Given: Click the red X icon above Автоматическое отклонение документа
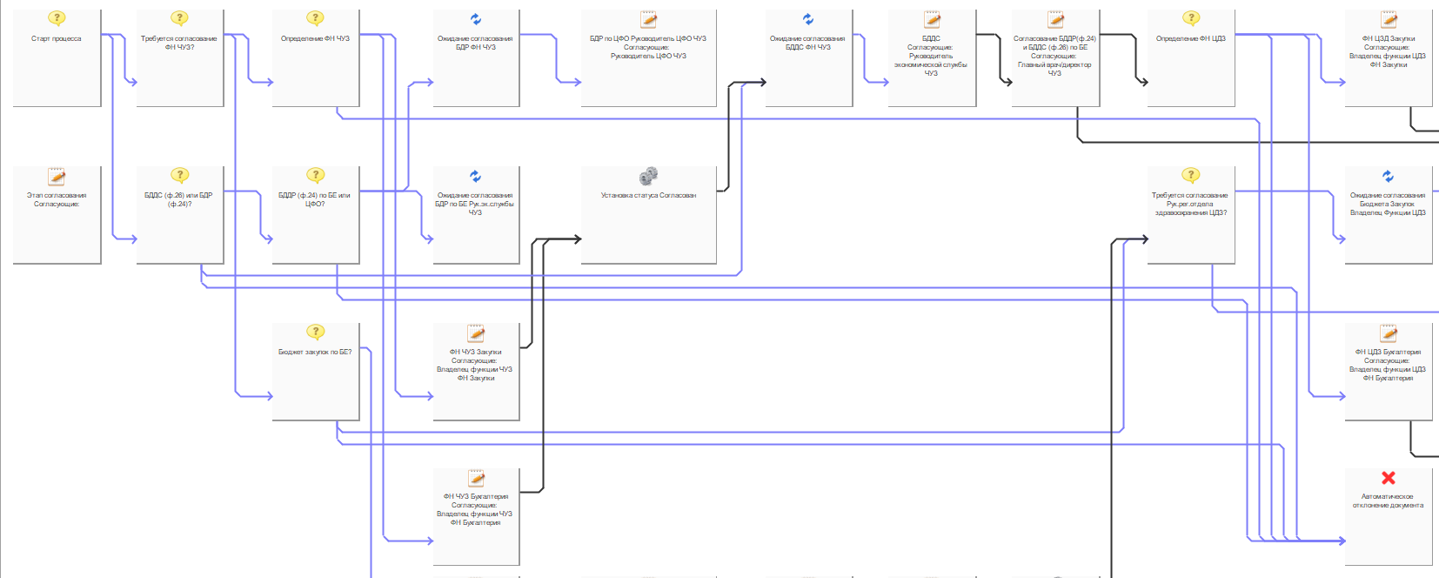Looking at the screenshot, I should pyautogui.click(x=1388, y=478).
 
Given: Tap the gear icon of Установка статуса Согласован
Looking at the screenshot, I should pyautogui.click(x=648, y=177).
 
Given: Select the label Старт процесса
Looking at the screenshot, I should pyautogui.click(x=57, y=39).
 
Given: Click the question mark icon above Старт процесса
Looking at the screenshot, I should pyautogui.click(x=57, y=18).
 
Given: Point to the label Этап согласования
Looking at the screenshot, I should pyautogui.click(x=57, y=196).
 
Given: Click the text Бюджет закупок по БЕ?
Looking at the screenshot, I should pyautogui.click(x=315, y=353).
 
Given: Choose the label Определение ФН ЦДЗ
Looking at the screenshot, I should pyautogui.click(x=1190, y=39).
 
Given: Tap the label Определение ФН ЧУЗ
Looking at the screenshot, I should pyautogui.click(x=315, y=39).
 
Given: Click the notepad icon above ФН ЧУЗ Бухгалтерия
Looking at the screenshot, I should pyautogui.click(x=476, y=478).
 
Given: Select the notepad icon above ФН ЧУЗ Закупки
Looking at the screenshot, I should pyautogui.click(x=476, y=333).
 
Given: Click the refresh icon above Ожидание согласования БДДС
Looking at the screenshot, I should pyautogui.click(x=807, y=19).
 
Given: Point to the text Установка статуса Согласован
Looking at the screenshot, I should pyautogui.click(x=648, y=196).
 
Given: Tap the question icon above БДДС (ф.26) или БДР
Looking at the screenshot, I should pyautogui.click(x=179, y=175).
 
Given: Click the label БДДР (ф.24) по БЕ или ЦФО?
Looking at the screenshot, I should pyautogui.click(x=314, y=199).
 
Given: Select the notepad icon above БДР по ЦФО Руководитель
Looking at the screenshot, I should pyautogui.click(x=648, y=19).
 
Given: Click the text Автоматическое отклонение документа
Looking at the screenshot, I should pyautogui.click(x=1388, y=501).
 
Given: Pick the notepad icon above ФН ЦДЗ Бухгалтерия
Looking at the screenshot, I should pyautogui.click(x=1389, y=333).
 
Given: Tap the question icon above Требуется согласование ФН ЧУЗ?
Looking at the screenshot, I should pyautogui.click(x=179, y=18).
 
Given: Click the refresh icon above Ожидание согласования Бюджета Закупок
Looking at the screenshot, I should pyautogui.click(x=1388, y=177).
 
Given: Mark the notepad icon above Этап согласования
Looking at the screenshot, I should pyautogui.click(x=57, y=177).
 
